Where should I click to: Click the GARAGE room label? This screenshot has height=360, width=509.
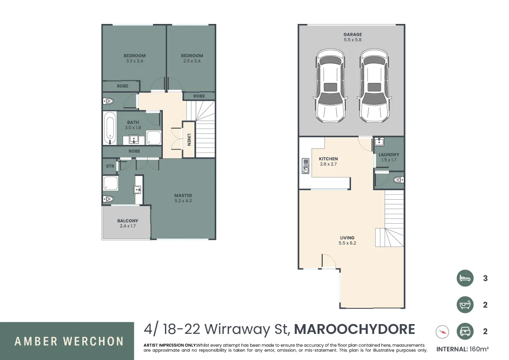[x=353, y=35]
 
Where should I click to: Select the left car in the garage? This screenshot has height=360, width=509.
[x=330, y=85]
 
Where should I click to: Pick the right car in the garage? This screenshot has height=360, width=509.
[x=374, y=85]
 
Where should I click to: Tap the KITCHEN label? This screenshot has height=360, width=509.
[x=328, y=159]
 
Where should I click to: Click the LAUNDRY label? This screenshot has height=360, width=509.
[x=389, y=155]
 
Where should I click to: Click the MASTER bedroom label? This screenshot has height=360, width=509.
[x=183, y=196]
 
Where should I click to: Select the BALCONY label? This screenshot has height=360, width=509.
[x=128, y=221]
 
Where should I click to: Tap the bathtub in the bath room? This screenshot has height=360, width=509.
[x=109, y=128]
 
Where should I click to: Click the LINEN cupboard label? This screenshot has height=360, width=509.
[x=188, y=139]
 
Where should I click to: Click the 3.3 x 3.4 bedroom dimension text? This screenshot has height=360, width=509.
[x=134, y=61]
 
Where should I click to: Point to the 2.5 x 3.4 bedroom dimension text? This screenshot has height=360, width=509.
[x=191, y=61]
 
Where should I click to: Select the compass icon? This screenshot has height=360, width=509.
[x=442, y=331]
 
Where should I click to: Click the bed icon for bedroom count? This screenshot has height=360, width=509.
[x=465, y=278]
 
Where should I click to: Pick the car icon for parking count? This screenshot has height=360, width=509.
[x=465, y=331]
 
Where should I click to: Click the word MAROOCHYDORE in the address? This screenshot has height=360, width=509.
[x=355, y=329]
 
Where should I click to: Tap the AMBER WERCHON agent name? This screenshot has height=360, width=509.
[x=69, y=341]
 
